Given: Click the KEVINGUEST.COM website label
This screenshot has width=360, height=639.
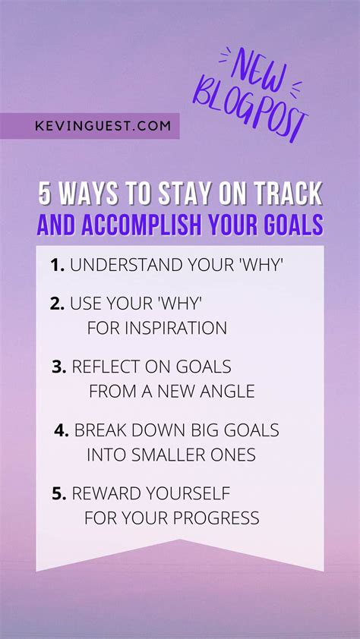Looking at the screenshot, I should pos(103,125).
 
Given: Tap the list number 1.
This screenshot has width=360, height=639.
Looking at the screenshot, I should pos(57,266).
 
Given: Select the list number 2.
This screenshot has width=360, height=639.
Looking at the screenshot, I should pos(57,304).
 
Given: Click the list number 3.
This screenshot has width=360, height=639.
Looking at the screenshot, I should pos(59,367).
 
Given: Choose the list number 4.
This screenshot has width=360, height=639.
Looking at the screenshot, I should pos(62,430).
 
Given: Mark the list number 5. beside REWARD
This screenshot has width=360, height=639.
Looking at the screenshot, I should pos(59,494).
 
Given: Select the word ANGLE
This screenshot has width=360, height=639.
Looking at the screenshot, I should pos(228,392).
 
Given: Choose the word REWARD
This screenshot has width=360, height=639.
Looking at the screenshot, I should pos(107,494).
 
